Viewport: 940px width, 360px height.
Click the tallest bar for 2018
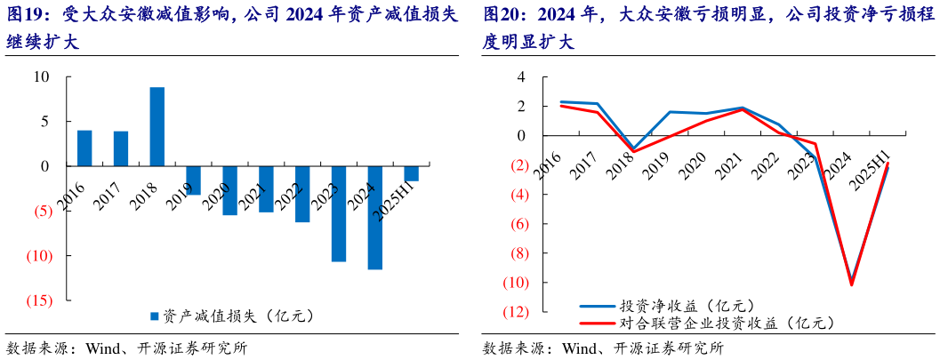157,126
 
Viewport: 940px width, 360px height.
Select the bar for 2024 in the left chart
374,217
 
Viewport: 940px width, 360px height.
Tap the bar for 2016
84,148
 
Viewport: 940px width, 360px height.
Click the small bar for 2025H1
411,173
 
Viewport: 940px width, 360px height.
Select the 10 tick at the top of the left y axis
42,76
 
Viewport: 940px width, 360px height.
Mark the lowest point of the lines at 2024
851,284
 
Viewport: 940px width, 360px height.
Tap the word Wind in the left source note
103,348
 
